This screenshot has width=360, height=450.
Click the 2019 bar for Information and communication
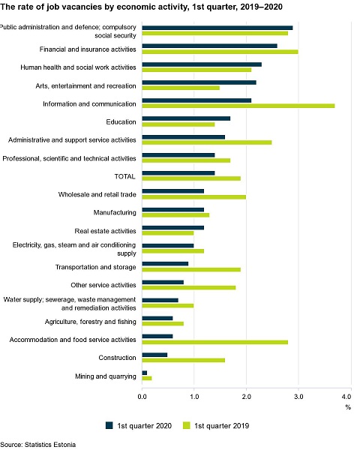click(x=238, y=106)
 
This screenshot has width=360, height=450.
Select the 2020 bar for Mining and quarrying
click(x=145, y=373)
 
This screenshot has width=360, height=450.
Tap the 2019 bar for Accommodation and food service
click(x=215, y=342)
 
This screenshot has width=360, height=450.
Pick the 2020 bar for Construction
click(x=154, y=355)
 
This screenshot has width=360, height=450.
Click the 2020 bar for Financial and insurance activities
click(x=209, y=46)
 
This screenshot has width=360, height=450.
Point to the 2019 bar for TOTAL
click(x=191, y=178)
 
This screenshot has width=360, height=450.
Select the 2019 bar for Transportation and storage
click(x=191, y=269)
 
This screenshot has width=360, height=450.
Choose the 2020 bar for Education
click(x=186, y=118)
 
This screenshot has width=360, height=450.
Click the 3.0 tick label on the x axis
click(x=298, y=397)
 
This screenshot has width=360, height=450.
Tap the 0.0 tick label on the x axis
click(x=142, y=397)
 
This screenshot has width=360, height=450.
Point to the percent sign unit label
click(x=348, y=407)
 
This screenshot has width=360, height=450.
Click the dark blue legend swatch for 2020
click(x=109, y=425)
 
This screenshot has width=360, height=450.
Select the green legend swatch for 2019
click(x=187, y=425)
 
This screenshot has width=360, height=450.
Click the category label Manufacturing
click(x=115, y=213)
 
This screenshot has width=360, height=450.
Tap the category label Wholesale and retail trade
click(x=97, y=194)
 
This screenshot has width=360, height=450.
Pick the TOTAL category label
click(x=125, y=176)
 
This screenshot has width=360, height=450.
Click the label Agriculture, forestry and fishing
click(x=91, y=322)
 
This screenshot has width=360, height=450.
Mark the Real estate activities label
click(x=105, y=231)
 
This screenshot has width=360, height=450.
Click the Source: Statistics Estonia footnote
click(x=38, y=445)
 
